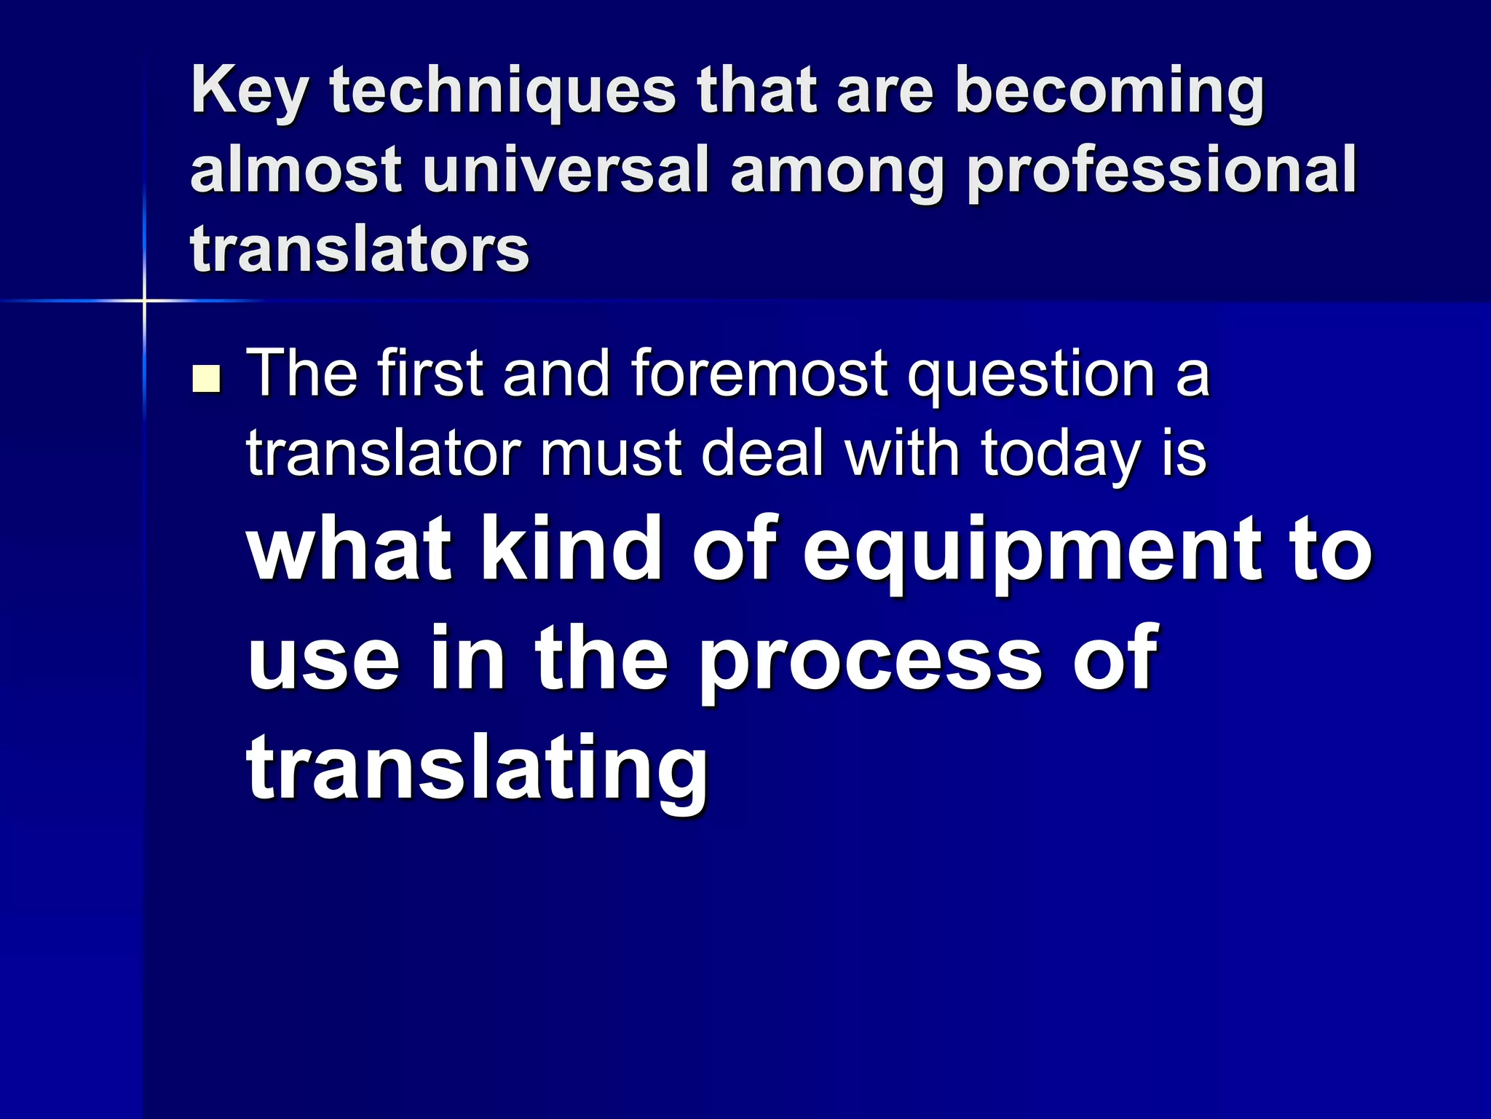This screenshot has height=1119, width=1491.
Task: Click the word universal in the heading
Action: coord(565,170)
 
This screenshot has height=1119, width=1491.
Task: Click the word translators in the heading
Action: coord(360,249)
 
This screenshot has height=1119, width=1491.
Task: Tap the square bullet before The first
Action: coord(206,380)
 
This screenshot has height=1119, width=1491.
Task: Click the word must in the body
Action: coord(610,453)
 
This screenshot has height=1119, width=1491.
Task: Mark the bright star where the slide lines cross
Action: coord(144,300)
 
